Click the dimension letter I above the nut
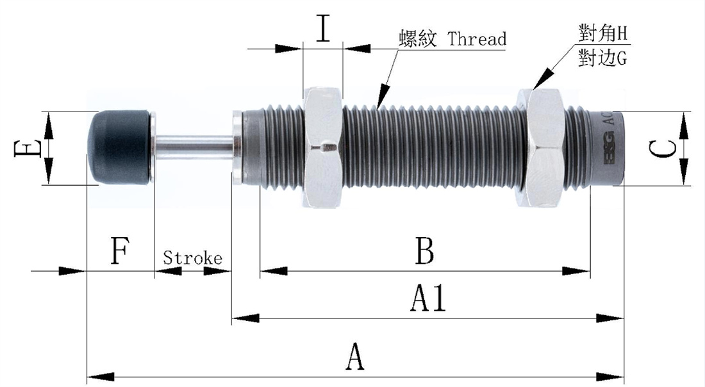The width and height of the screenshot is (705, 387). click(324, 29)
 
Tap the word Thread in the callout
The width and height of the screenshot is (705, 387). click(477, 39)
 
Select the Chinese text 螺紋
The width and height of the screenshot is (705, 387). click(417, 39)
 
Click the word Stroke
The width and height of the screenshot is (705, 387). click(192, 258)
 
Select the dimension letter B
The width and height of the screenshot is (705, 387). click(424, 251)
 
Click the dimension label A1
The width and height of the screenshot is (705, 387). click(428, 299)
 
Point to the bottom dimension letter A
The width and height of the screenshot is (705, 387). click(354, 357)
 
